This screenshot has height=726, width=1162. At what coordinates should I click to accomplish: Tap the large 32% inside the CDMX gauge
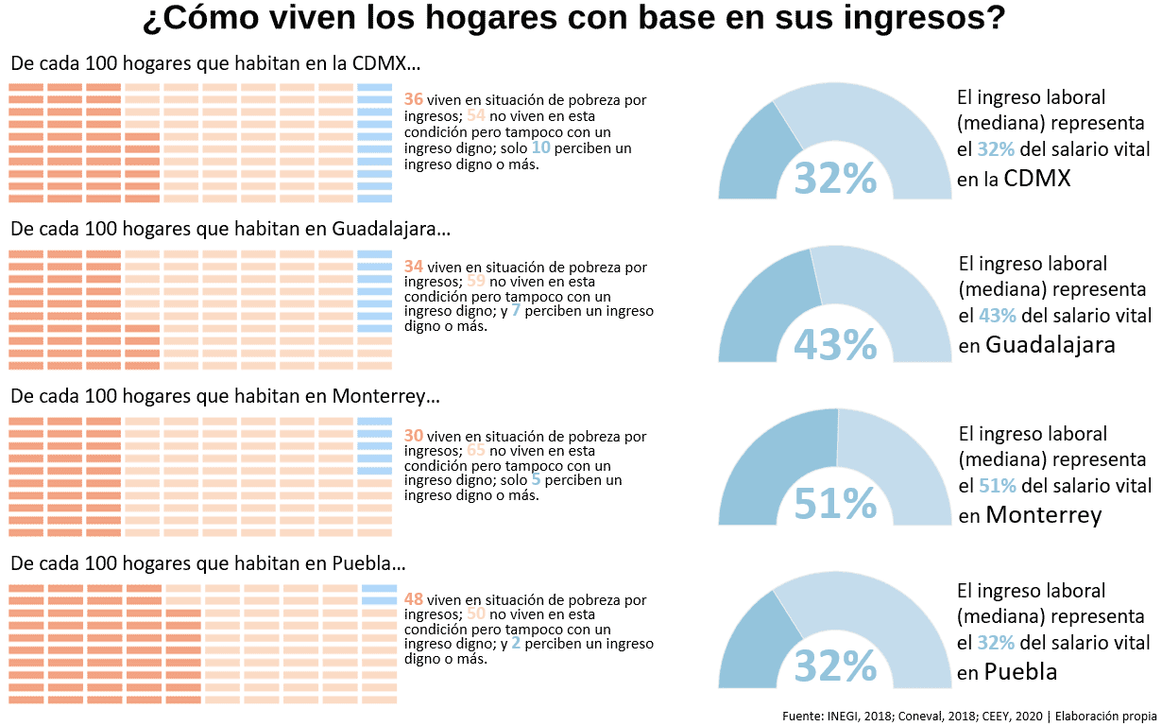coord(835,178)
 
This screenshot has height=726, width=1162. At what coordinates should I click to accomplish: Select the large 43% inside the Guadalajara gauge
coord(835,344)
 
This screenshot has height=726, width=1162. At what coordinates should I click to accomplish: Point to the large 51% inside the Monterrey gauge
coord(835,505)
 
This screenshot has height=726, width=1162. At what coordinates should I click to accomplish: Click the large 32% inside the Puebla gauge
coord(835,666)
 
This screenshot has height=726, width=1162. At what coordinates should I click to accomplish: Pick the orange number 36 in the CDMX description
coord(413,99)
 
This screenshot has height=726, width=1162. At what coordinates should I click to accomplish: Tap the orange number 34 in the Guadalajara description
coord(413,267)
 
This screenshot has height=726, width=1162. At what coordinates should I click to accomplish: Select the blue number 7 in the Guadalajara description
coord(516,310)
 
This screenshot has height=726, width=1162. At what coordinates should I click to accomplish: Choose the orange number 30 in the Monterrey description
coord(413,436)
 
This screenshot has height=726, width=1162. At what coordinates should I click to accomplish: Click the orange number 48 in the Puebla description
coord(413,599)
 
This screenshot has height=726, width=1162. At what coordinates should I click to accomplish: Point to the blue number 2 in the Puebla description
coord(516,643)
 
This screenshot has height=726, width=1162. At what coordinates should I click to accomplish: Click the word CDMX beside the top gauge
coord(1037,178)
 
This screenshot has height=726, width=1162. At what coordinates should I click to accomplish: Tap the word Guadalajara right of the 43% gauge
coord(1050,345)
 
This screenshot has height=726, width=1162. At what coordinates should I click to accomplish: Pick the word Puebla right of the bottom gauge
coord(1020,672)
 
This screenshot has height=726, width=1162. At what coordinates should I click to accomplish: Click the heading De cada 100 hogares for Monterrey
coord(225,397)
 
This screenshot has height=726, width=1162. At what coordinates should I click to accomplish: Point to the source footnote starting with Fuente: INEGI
coord(968,716)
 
